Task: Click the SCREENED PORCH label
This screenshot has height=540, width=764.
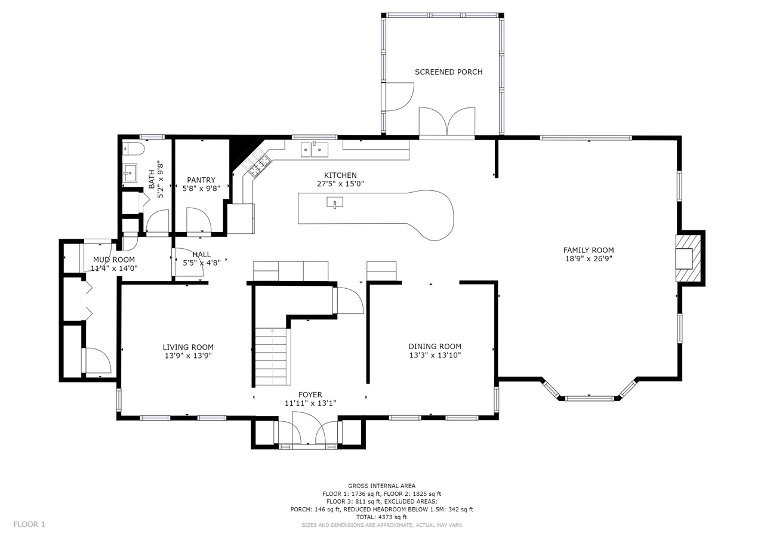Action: pos(448,72)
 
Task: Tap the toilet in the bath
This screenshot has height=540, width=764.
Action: pos(133,149)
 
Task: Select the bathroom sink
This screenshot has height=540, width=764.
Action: pos(130,173)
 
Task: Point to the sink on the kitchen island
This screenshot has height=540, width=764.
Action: pos(335,202)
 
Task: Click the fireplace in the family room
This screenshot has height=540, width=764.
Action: pos(688,258)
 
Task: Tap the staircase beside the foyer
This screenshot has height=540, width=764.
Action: pos(272,357)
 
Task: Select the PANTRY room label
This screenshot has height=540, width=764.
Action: pos(201,180)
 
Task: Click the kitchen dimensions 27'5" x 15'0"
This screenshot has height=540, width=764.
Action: pos(340,184)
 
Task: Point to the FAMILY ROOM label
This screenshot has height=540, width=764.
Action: pos(589,250)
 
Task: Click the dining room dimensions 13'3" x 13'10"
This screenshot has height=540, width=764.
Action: pos(435,356)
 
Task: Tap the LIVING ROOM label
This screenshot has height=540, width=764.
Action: pos(188,347)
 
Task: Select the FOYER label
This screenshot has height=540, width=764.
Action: pos(310,395)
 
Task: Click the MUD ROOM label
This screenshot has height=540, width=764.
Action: pos(114,260)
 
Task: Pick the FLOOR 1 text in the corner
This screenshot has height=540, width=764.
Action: pos(29,524)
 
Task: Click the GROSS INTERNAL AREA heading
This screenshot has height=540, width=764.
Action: pos(381,486)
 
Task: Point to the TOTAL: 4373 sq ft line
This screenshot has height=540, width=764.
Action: pos(381,517)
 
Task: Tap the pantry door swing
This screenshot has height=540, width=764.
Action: pos(199,220)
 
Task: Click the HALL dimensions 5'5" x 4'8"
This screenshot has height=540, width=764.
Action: pos(202,263)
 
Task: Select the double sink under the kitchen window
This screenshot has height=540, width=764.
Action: pos(314,150)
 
